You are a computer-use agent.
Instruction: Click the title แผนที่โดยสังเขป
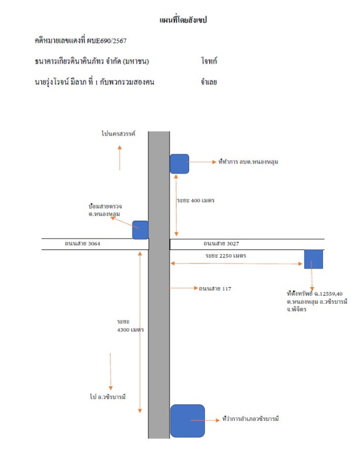pyautogui.click(x=182, y=20)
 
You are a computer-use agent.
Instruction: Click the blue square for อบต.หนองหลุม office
pyautogui.click(x=179, y=163)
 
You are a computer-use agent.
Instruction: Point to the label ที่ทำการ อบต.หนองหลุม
pyautogui.click(x=249, y=162)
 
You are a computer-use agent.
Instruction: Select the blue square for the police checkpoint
pyautogui.click(x=140, y=230)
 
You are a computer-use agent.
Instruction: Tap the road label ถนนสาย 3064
pyautogui.click(x=84, y=244)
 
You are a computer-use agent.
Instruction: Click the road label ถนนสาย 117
pyautogui.click(x=215, y=288)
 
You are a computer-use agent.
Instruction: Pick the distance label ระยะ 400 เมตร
pyautogui.click(x=196, y=200)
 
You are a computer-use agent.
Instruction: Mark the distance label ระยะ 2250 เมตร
pyautogui.click(x=226, y=255)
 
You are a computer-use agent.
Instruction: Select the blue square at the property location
pyautogui.click(x=313, y=259)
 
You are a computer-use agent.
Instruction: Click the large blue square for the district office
pyautogui.click(x=187, y=421)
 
